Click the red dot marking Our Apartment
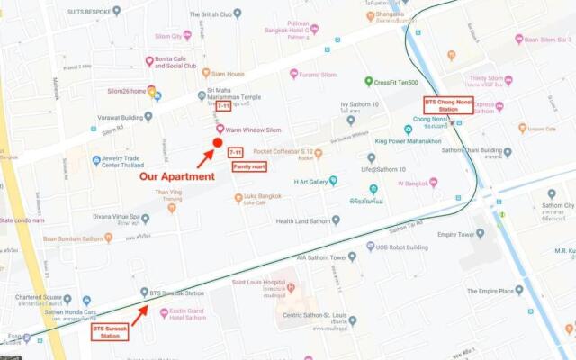click(217, 143)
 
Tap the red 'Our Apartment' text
click(176, 176)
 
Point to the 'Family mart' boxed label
click(249, 167)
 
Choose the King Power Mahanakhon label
click(408, 141)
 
